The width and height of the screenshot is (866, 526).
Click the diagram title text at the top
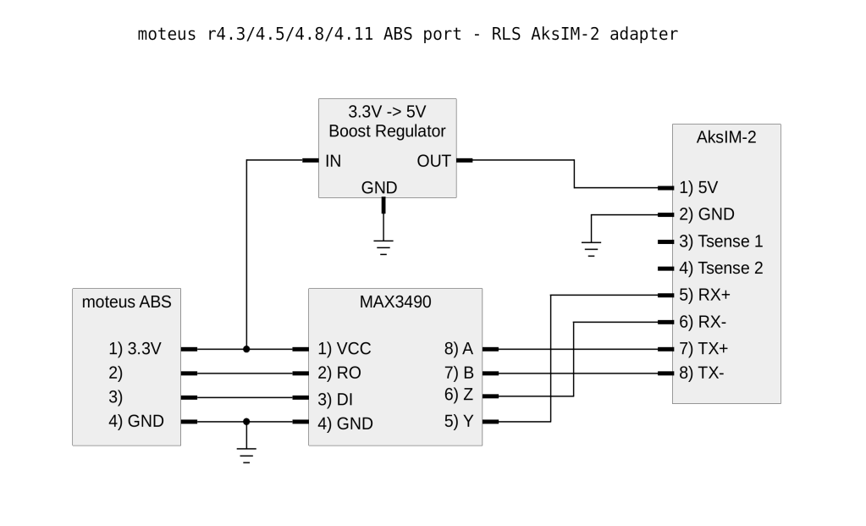tap(408, 35)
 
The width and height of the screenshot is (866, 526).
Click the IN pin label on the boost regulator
tap(333, 161)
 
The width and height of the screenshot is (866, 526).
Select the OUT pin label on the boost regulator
tap(433, 161)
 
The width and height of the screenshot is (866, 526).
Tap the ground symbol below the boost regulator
tap(384, 246)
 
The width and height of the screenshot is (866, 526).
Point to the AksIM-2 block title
tap(725, 138)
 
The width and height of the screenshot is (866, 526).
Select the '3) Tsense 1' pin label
tap(720, 241)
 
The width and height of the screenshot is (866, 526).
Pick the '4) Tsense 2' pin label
tap(720, 269)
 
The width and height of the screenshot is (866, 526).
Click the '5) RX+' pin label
tap(704, 296)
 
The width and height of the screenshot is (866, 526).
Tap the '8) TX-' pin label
tap(702, 373)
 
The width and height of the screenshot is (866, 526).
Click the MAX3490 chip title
tap(395, 302)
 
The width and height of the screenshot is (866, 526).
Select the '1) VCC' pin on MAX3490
tap(344, 349)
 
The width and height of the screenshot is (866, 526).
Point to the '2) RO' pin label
tap(340, 373)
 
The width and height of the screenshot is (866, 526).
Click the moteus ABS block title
tap(126, 302)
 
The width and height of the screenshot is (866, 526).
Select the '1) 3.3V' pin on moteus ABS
tap(135, 348)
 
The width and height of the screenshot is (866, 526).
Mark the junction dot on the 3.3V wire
tap(246, 349)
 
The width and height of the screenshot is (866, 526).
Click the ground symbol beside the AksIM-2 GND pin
tap(591, 246)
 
